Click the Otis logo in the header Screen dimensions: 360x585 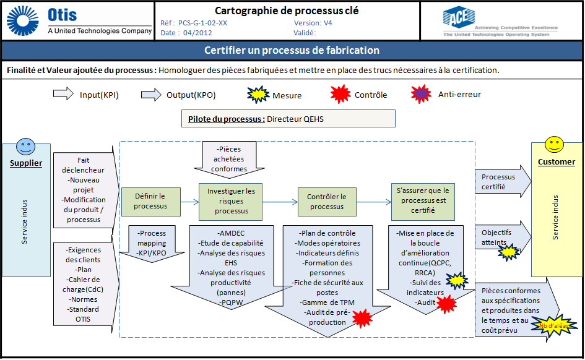(x=78, y=21)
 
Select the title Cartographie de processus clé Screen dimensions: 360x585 (x=286, y=11)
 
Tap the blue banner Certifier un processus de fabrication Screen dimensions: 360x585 (x=292, y=50)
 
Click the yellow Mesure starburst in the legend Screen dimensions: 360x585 (x=259, y=95)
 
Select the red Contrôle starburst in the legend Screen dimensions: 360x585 (x=340, y=95)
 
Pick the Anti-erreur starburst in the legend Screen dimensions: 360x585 (x=422, y=95)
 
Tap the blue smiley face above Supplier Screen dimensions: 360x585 (x=25, y=147)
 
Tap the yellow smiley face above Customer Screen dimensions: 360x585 (x=553, y=145)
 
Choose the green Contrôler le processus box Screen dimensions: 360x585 (x=326, y=201)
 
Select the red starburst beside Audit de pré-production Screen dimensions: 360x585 (x=361, y=318)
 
